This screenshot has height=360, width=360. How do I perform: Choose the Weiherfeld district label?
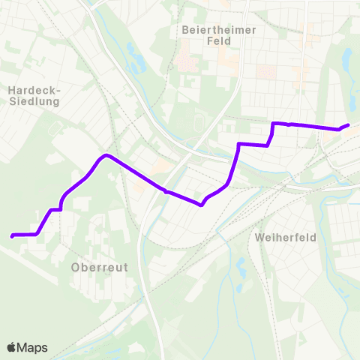pos(286,237)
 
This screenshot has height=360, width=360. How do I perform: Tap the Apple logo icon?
pos(11,347)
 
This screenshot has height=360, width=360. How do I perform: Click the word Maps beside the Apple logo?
pos(32,347)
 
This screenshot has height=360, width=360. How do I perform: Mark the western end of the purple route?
pos(12,235)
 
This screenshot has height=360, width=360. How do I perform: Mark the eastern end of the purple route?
pos(348,125)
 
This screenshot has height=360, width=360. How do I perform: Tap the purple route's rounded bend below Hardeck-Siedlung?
pos(106,156)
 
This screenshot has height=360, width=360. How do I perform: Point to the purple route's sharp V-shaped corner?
pos(202,204)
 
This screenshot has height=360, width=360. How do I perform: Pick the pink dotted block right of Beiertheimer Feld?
pos(266,72)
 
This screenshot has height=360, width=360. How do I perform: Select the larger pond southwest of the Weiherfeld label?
pos(241,265)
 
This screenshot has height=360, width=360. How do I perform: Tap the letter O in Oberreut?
pos(76,266)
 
